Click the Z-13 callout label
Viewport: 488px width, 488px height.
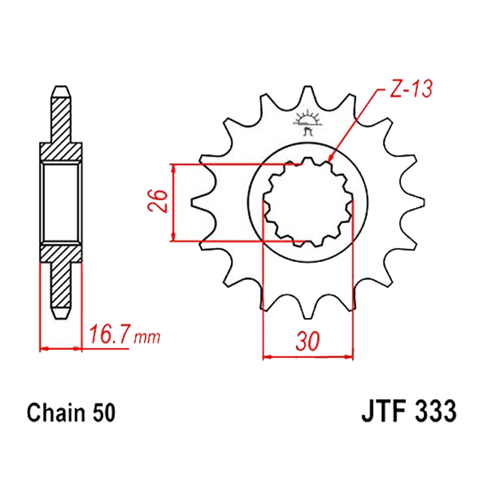(x=410, y=89)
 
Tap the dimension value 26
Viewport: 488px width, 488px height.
(x=159, y=201)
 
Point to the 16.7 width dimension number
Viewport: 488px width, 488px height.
(x=108, y=335)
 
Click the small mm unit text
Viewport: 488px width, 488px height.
(x=147, y=337)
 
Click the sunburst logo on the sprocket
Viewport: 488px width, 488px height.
(x=307, y=122)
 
